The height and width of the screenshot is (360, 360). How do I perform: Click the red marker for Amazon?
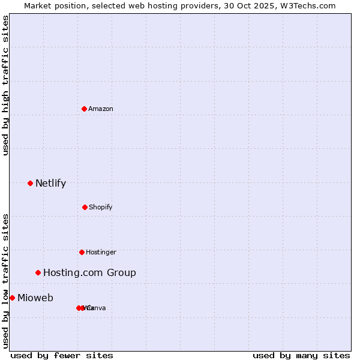84,109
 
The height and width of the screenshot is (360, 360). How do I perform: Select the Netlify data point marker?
30,183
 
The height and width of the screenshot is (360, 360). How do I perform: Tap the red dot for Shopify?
85,207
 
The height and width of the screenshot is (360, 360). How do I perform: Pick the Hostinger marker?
82,252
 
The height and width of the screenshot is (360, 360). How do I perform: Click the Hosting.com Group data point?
38,272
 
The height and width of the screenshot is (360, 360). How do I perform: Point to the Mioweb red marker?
12,298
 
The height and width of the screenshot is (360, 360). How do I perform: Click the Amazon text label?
101,109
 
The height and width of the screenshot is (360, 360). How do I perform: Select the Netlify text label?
50,183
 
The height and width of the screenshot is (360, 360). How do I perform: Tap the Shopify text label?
101,207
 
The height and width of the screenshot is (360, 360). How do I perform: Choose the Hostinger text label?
101,252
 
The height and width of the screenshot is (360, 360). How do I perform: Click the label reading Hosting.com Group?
89,272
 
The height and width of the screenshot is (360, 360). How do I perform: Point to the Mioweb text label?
35,298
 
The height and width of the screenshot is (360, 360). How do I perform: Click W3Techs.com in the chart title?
307,5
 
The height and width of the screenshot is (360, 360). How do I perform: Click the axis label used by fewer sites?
62,355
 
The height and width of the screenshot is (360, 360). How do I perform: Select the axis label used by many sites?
301,355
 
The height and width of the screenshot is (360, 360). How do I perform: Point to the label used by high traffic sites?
5,85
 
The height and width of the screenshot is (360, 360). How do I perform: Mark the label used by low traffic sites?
5,281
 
